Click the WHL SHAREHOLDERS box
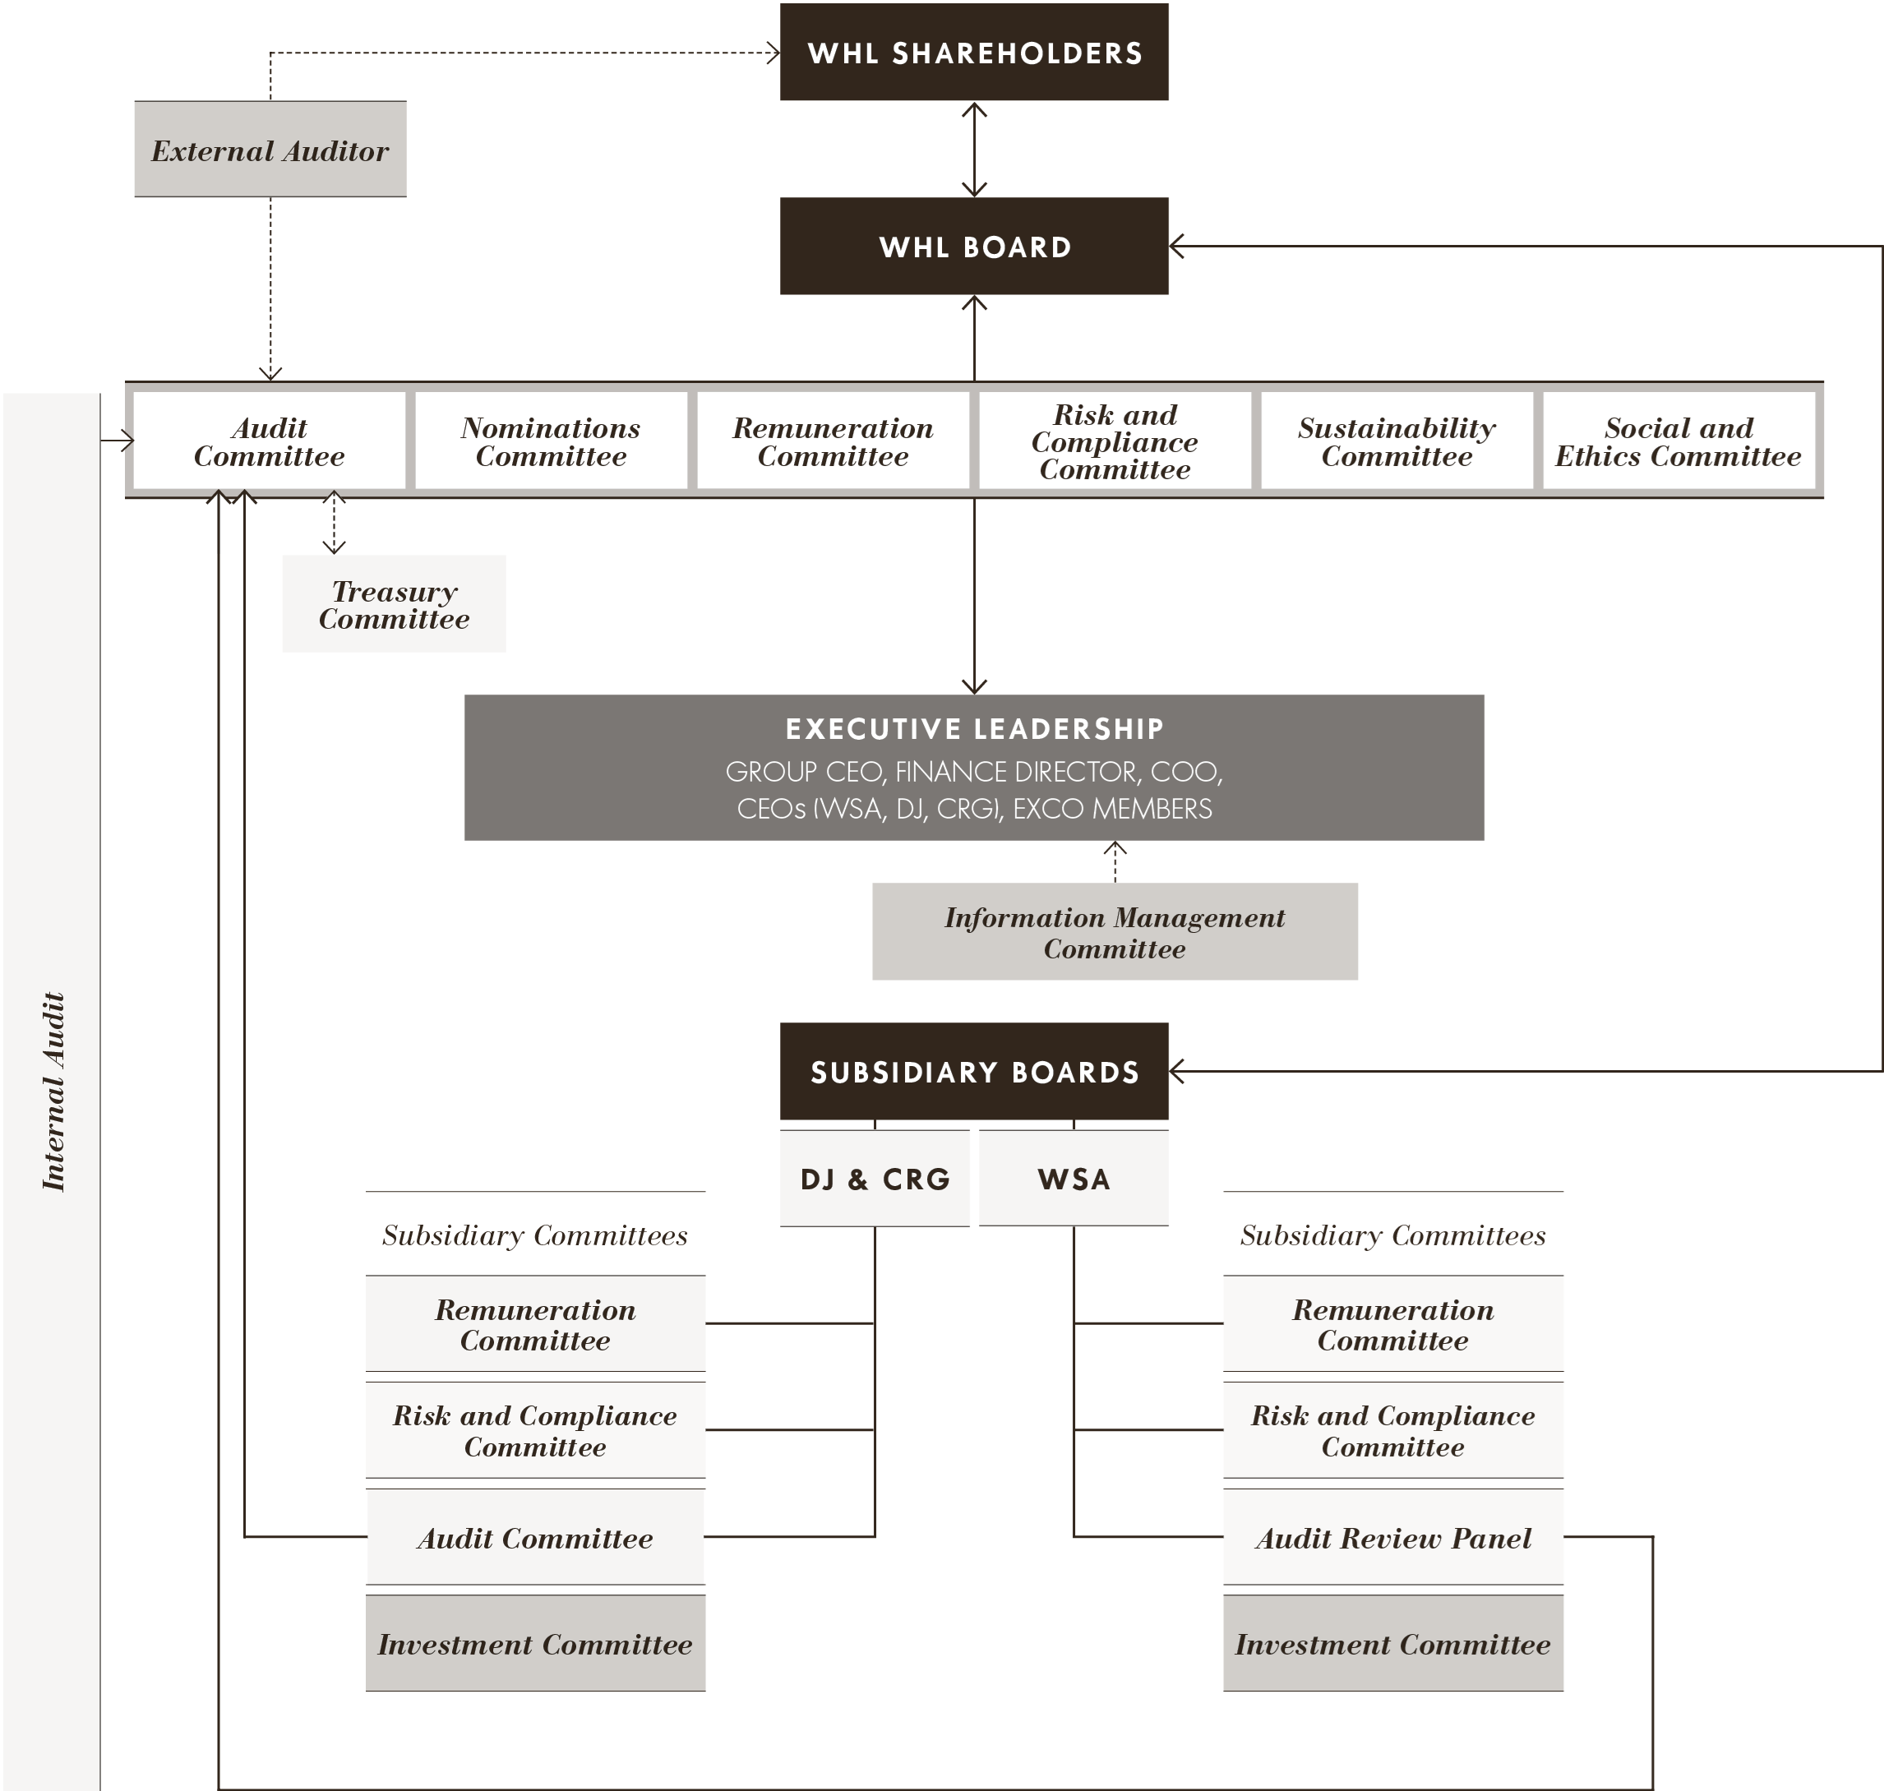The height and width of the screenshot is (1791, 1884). (973, 53)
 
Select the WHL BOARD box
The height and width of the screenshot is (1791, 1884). (973, 247)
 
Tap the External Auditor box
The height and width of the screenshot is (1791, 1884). (270, 150)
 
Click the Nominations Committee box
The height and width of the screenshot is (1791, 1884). (551, 441)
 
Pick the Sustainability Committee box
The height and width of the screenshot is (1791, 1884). (1396, 441)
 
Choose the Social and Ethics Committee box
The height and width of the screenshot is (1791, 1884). (1678, 441)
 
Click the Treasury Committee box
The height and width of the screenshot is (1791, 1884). (394, 604)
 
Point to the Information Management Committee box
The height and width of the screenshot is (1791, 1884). (1115, 932)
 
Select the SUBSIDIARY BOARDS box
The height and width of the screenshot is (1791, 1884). (973, 1071)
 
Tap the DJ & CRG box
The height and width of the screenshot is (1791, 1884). (875, 1179)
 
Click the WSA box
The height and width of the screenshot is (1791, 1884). (1074, 1179)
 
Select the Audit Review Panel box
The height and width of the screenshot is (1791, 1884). (1392, 1538)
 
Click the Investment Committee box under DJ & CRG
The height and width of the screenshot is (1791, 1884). (535, 1644)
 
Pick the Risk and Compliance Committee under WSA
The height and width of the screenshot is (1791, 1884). (1392, 1430)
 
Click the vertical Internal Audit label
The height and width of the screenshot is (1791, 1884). (53, 1092)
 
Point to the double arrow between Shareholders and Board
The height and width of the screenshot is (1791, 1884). (973, 149)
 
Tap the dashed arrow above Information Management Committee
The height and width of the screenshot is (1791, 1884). (1115, 859)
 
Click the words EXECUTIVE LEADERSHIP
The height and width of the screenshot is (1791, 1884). (973, 729)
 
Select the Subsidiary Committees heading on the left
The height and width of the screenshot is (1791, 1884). (535, 1235)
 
